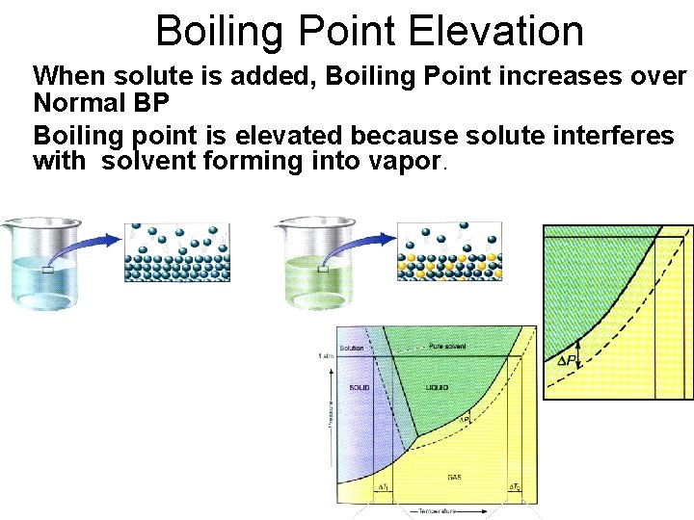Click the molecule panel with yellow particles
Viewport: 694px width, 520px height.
click(449, 252)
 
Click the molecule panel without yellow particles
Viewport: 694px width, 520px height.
click(176, 252)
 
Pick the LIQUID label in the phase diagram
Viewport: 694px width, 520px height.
click(437, 387)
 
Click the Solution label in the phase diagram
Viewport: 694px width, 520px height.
click(352, 348)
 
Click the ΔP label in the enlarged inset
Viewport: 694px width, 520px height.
click(568, 361)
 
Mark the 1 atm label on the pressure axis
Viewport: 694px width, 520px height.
click(324, 356)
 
